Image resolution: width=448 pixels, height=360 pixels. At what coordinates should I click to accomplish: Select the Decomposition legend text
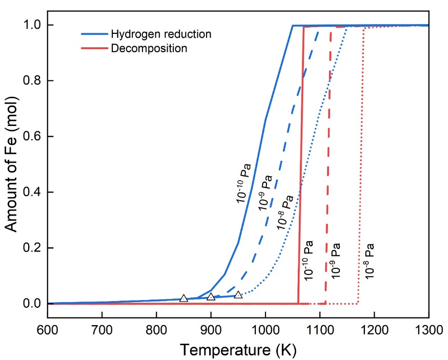(149, 49)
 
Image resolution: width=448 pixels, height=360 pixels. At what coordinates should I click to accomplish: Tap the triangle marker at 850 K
(184, 298)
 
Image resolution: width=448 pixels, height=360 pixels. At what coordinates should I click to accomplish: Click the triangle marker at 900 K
(211, 297)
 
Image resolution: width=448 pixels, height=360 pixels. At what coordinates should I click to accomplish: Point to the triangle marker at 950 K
(238, 294)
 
